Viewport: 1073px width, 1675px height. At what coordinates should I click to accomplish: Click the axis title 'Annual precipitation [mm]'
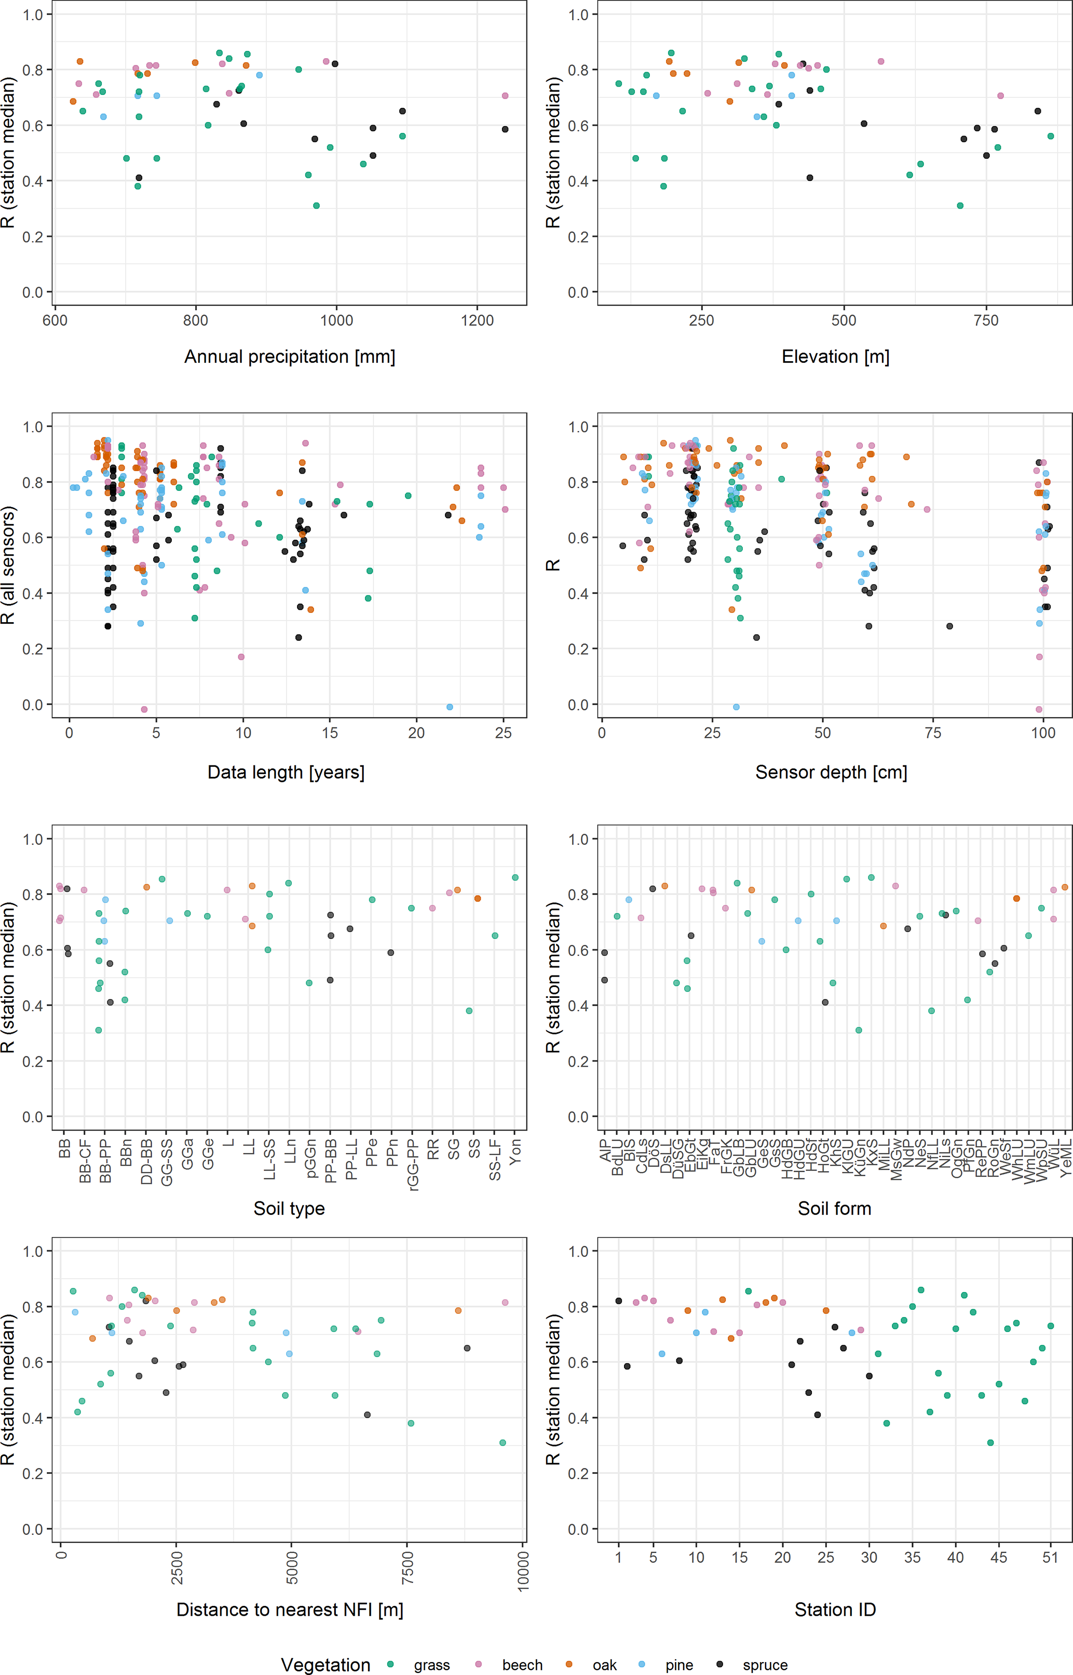289,356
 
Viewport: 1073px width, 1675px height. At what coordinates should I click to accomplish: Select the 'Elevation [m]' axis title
835,356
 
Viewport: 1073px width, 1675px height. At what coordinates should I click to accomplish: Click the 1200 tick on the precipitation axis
477,320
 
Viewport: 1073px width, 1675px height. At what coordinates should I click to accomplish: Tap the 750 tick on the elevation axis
986,320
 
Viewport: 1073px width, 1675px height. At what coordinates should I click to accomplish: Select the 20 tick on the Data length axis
416,733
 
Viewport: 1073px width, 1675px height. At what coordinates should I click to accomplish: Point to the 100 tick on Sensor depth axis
1043,733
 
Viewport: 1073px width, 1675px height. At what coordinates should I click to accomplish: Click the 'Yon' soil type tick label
515,1150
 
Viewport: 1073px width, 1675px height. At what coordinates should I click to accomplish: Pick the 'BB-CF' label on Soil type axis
85,1160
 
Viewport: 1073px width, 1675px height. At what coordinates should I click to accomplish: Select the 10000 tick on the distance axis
523,1571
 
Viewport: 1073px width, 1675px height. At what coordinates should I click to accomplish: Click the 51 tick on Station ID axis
1050,1557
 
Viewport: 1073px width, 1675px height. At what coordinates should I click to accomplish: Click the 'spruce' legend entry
764,1665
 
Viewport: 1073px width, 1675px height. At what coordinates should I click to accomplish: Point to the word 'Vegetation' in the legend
325,1665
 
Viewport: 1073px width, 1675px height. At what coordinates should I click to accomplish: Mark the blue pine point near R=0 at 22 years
450,707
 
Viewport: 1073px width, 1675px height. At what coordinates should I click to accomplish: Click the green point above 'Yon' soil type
515,877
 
